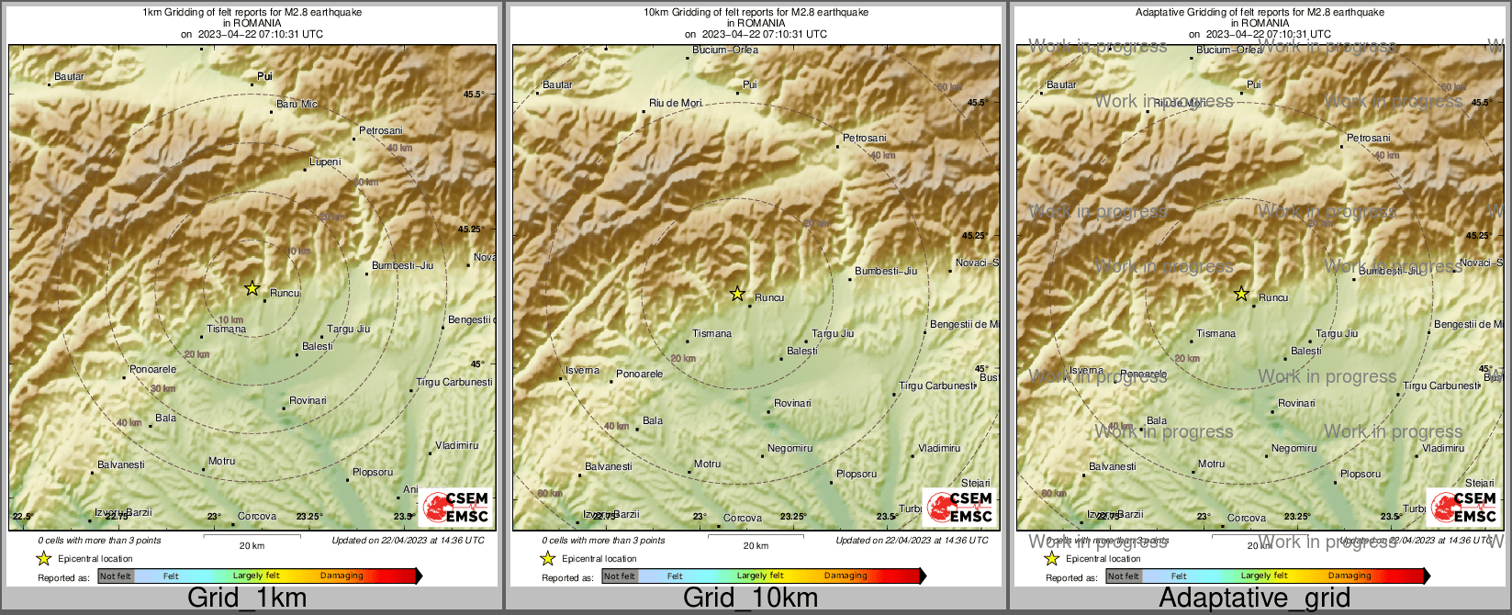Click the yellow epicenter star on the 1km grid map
252,288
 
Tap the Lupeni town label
325,162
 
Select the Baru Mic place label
297,105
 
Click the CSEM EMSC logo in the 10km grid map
959,508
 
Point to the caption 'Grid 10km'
750,598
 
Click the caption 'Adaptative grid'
1254,598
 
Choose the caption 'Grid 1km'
247,598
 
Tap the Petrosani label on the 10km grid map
865,139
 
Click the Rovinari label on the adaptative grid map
1296,404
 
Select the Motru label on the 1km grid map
222,462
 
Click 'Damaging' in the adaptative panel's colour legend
1350,576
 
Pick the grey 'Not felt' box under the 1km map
116,576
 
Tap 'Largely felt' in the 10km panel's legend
760,576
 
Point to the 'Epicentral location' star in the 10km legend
548,558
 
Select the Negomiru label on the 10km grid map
790,449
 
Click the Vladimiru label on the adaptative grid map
1443,449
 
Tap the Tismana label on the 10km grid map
712,334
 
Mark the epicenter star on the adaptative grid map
1241,294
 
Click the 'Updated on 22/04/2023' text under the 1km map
408,541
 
